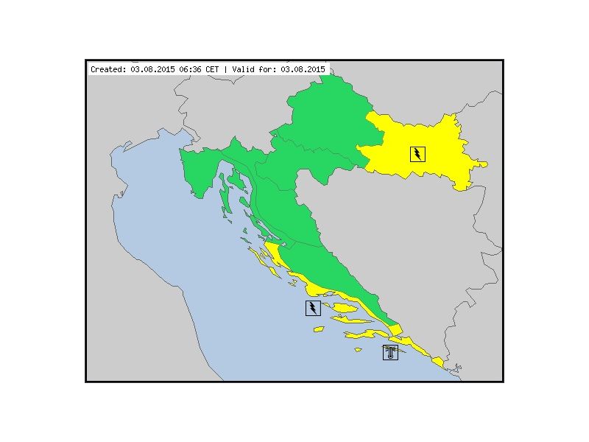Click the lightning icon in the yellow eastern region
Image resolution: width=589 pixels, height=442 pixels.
(417, 154)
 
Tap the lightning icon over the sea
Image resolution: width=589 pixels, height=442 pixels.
(313, 308)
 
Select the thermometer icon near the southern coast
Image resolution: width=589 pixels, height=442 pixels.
(390, 351)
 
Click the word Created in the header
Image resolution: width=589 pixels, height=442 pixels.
(108, 69)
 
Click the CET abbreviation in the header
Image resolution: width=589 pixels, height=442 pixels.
(212, 69)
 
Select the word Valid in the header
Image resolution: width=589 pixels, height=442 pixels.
(244, 69)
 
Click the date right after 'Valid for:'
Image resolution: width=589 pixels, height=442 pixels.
(303, 69)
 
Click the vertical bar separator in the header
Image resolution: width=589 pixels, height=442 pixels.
(225, 69)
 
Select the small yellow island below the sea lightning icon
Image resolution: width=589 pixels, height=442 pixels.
(317, 329)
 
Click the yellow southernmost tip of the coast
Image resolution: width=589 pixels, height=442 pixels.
(438, 362)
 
